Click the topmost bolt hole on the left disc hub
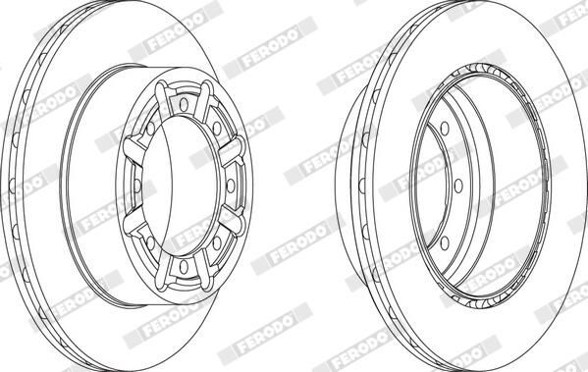(184, 105)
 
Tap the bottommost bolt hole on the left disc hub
(184, 266)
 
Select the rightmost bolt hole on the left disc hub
(231, 186)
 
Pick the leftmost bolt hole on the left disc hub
(137, 186)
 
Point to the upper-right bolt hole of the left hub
(217, 129)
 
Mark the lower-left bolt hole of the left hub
(151, 243)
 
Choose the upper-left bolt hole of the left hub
(151, 129)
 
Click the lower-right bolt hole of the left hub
(217, 243)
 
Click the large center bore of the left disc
(180, 186)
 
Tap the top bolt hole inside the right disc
(445, 129)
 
